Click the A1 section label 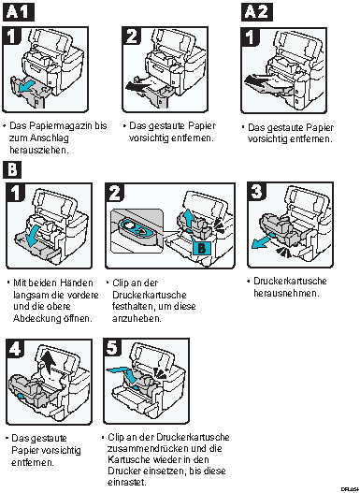18,12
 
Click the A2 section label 257,12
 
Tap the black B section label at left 12,170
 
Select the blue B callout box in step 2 202,249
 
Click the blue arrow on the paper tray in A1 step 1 28,88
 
